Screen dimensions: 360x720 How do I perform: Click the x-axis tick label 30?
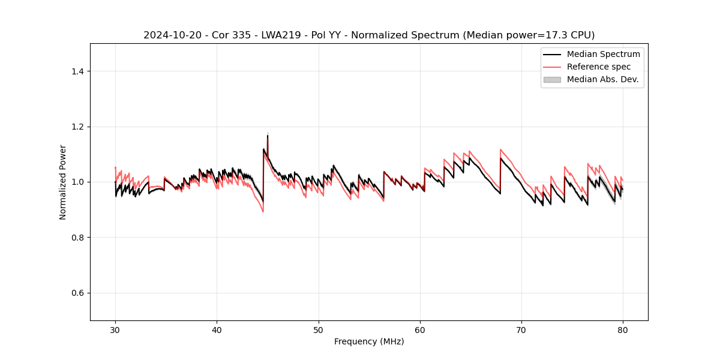(x=115, y=329)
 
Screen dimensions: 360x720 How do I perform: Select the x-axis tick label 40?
(x=217, y=329)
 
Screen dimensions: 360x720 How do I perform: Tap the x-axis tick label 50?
(x=319, y=329)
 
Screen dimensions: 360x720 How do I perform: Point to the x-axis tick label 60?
(x=420, y=329)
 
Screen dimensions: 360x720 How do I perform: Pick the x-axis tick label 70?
(x=521, y=329)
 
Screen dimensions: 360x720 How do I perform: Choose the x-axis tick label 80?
(x=623, y=329)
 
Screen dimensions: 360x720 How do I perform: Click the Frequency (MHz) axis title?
(x=369, y=341)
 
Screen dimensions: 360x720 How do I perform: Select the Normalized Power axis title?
(x=63, y=182)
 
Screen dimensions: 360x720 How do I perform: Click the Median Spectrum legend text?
(x=603, y=54)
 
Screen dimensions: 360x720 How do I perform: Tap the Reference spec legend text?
(x=599, y=67)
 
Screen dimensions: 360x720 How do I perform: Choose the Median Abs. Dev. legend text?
(x=602, y=79)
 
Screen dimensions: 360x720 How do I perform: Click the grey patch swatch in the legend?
(x=552, y=79)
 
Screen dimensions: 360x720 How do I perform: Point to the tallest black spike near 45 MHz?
(x=268, y=136)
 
